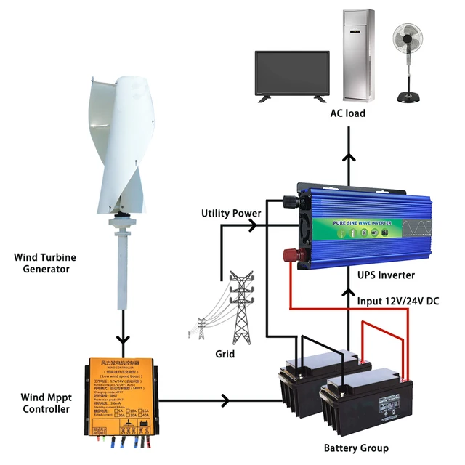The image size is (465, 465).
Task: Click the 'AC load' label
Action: coord(347,113)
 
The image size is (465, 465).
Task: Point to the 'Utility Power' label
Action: coord(231,214)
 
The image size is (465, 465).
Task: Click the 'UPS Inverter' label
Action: coord(386,275)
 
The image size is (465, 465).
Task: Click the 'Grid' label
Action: coord(225,355)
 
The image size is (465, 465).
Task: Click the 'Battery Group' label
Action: coord(355,448)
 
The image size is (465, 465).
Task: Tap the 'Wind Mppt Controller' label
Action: coord(45,403)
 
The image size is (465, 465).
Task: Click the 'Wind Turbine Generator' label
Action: coord(45,263)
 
